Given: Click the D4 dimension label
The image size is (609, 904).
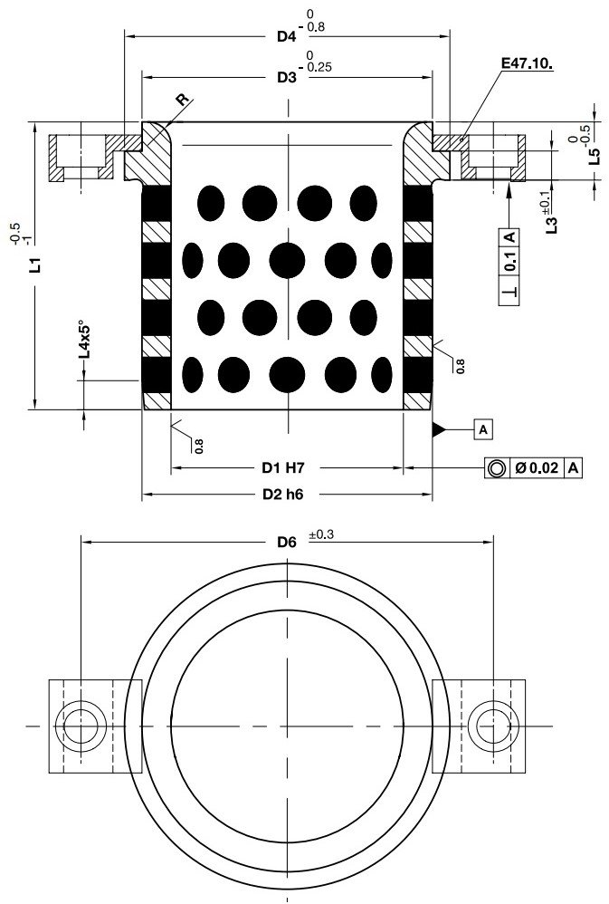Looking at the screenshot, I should (x=287, y=37).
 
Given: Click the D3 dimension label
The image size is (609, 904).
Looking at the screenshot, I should (x=287, y=79).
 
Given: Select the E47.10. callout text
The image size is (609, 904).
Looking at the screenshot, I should (x=527, y=65).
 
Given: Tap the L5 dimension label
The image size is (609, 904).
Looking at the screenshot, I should (x=594, y=153).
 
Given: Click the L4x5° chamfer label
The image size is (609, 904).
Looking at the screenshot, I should (x=83, y=339).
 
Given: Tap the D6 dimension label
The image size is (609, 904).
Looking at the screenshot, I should (x=287, y=543).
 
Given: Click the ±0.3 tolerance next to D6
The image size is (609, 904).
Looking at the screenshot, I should (x=321, y=536).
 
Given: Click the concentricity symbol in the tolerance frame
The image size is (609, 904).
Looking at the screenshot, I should (x=496, y=468).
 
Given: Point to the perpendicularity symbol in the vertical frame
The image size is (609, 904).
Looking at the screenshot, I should (x=509, y=294).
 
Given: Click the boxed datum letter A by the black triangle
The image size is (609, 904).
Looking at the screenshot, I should (x=483, y=428).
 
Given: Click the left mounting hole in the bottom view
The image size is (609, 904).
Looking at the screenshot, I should (x=81, y=726).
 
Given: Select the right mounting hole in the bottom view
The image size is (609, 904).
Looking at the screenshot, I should (x=493, y=726).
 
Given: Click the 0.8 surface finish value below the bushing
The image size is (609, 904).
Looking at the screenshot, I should (x=197, y=445).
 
